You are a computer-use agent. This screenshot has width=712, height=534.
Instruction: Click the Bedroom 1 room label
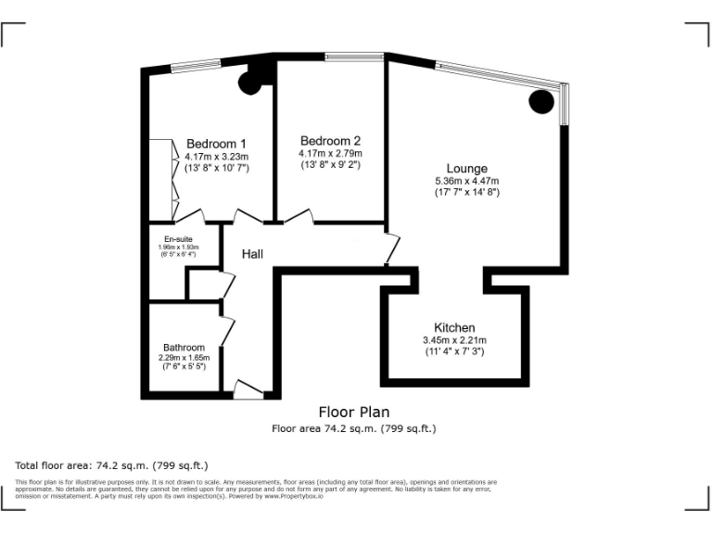pyautogui.click(x=216, y=144)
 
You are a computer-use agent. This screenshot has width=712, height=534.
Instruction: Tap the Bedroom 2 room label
pyautogui.click(x=329, y=141)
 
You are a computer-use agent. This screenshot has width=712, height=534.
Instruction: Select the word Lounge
pyautogui.click(x=466, y=168)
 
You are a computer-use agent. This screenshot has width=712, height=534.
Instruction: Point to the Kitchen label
pyautogui.click(x=454, y=328)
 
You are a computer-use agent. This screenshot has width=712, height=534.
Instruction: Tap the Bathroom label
pyautogui.click(x=184, y=348)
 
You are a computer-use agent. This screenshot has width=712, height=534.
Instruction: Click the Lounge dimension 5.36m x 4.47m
pyautogui.click(x=466, y=181)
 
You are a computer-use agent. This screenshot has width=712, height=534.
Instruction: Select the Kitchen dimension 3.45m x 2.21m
pyautogui.click(x=454, y=340)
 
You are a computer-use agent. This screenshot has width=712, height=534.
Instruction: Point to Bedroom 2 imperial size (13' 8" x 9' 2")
pyautogui.click(x=329, y=165)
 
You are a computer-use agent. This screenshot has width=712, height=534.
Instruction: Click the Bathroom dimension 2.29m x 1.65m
pyautogui.click(x=184, y=358)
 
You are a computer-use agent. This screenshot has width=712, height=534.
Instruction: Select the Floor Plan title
pyautogui.click(x=353, y=412)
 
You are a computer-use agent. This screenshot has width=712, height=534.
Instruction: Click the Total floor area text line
pyautogui.click(x=111, y=464)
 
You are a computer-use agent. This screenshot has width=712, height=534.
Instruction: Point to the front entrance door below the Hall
pyautogui.click(x=248, y=390)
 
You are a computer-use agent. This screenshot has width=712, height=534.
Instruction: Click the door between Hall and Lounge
pyautogui.click(x=393, y=248)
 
